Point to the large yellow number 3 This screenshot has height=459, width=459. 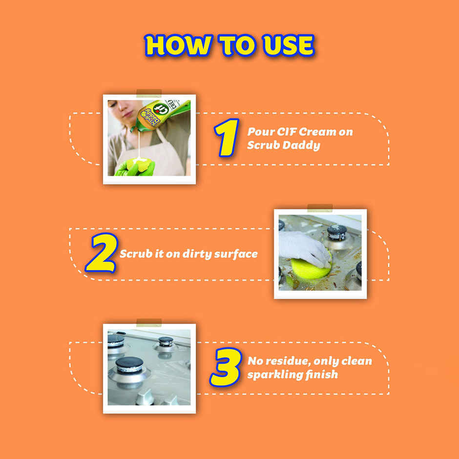point(226,367)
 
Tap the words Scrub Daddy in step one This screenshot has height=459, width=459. point(283,146)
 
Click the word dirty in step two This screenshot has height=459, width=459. point(199,254)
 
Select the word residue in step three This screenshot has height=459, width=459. point(288,361)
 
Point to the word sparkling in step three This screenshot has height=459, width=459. point(270,375)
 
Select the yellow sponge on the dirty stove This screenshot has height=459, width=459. point(308,269)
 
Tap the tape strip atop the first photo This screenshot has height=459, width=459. point(149,93)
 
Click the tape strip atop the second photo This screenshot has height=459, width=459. point(320,208)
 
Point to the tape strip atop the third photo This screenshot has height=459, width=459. point(149,322)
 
